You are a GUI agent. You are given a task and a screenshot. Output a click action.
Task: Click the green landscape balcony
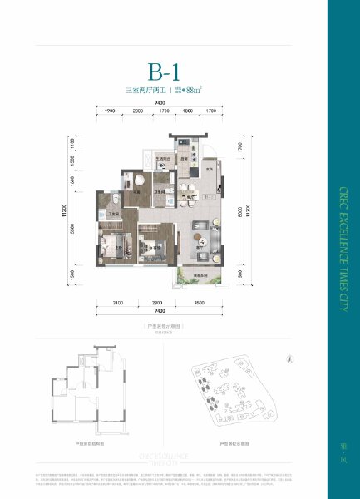(x=200, y=279)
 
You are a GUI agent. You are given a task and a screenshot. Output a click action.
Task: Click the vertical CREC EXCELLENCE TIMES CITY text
(x=343, y=249)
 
